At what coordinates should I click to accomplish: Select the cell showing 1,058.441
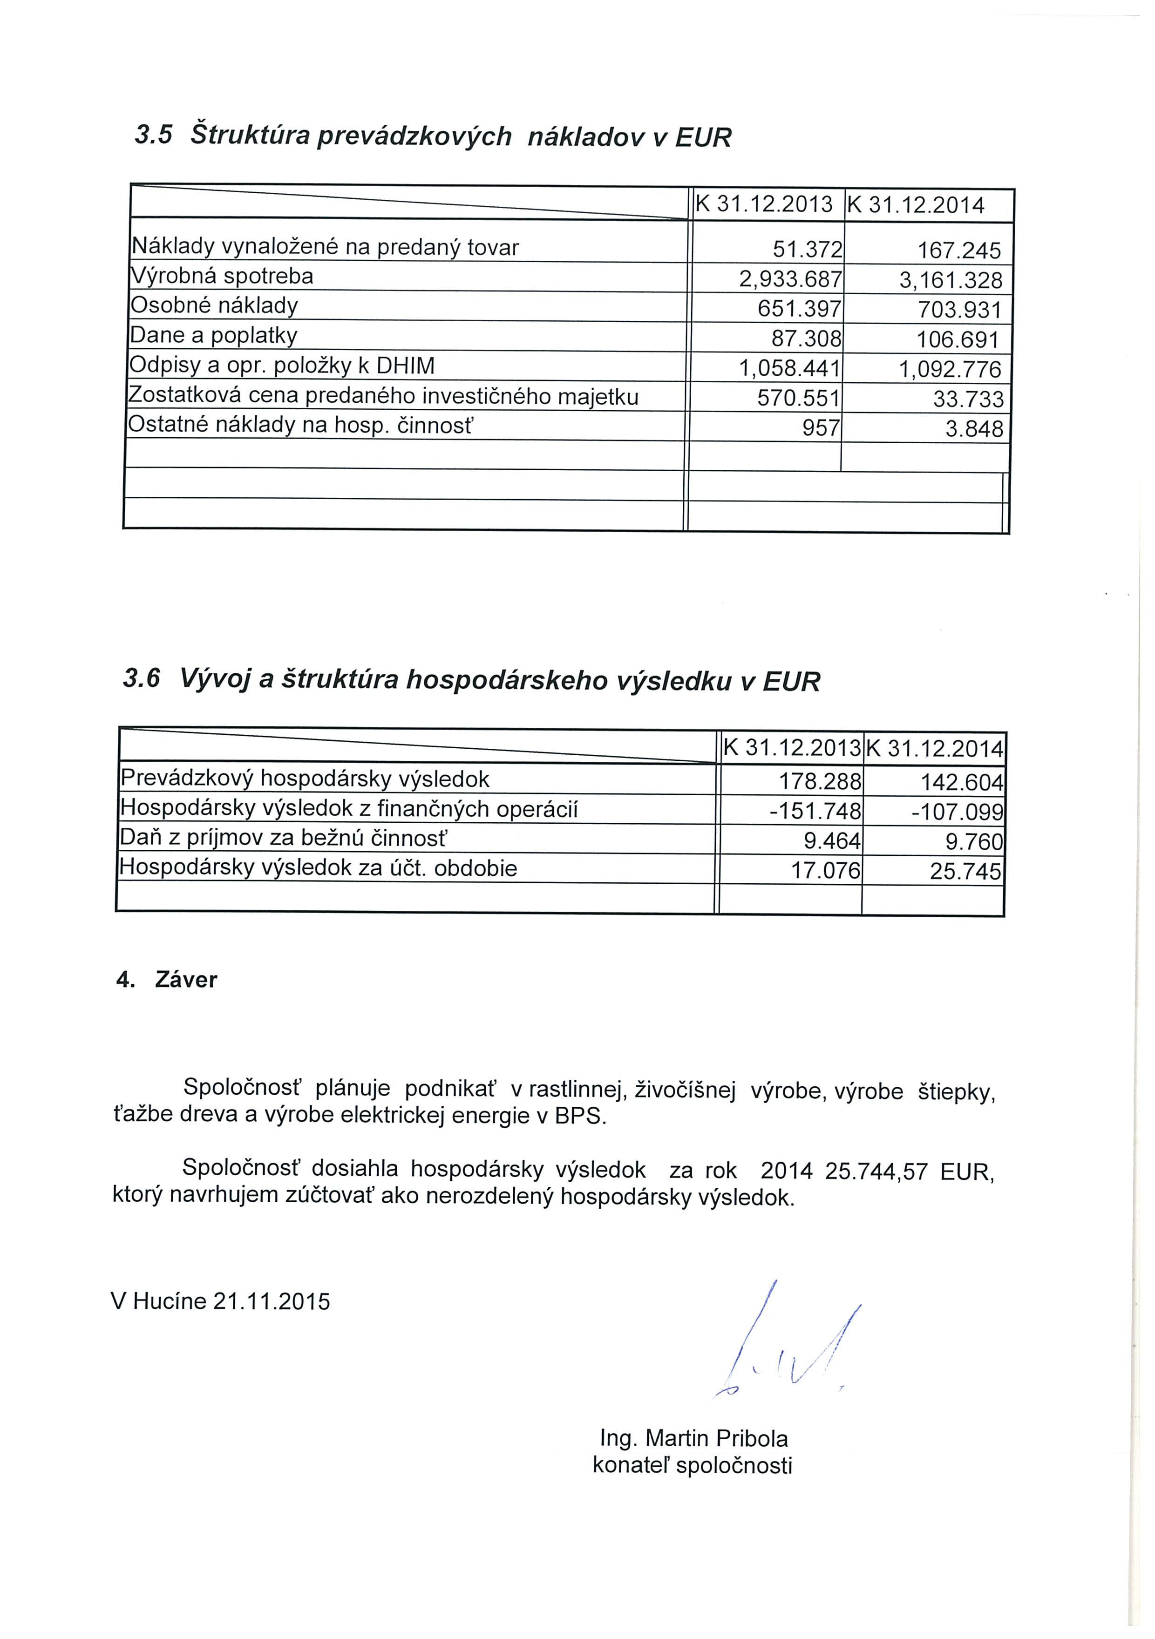[x=790, y=368]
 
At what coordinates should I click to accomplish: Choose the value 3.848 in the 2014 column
[x=974, y=428]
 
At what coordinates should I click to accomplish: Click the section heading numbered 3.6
[x=471, y=680]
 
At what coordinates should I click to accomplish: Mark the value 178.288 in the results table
[x=820, y=781]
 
